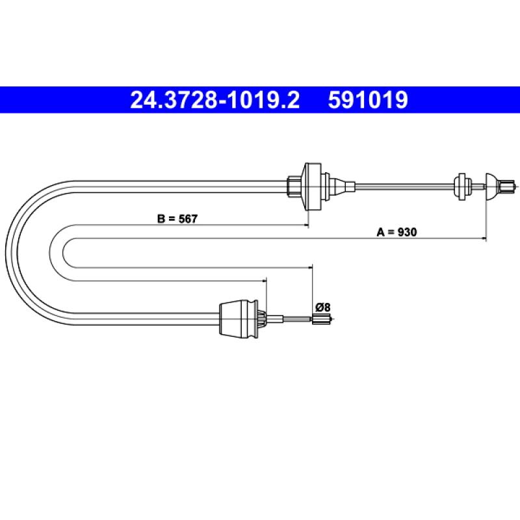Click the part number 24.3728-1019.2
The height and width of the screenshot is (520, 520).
[215, 100]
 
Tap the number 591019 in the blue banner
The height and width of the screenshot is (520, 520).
[368, 100]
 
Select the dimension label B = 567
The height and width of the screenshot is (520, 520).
[177, 219]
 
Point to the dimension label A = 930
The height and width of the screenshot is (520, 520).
[396, 232]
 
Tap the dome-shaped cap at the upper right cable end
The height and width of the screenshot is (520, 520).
[492, 187]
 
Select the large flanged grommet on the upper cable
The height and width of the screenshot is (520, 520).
[313, 187]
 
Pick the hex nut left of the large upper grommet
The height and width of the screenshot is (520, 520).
[294, 187]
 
